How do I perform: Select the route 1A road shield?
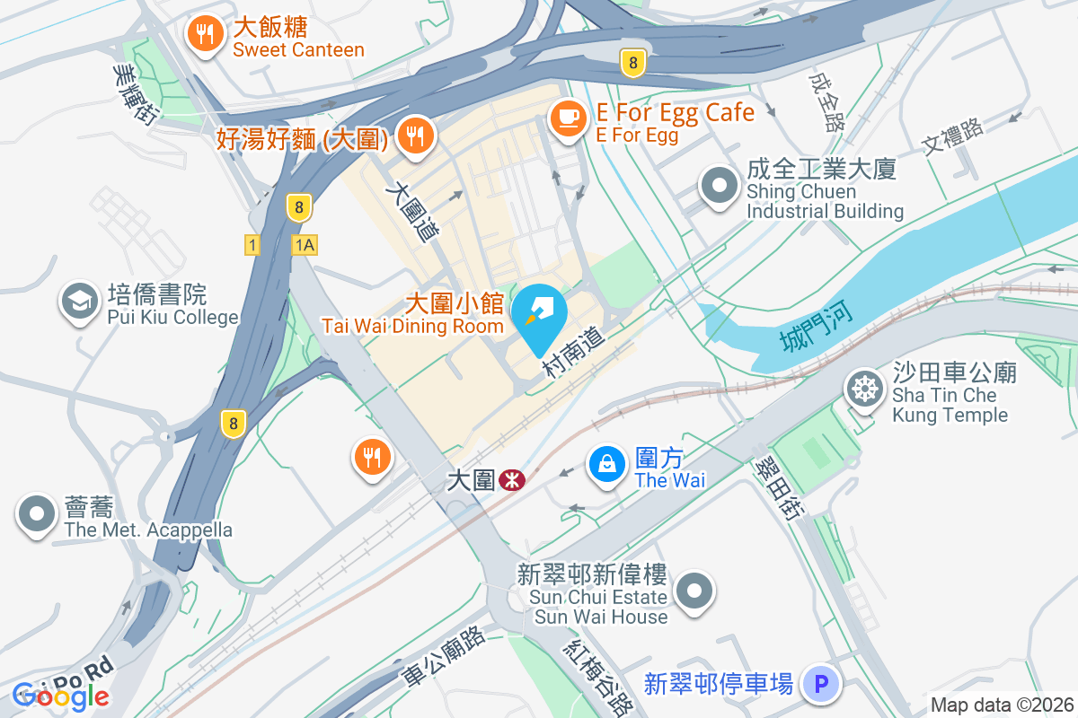305,245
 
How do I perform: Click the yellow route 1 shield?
252,245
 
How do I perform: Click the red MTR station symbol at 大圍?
512,481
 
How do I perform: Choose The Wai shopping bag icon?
607,464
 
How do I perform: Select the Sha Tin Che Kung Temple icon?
864,389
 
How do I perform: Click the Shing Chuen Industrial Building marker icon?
719,187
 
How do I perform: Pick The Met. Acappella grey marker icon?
37,515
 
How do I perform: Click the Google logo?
61,696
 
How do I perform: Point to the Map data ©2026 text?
1002,705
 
